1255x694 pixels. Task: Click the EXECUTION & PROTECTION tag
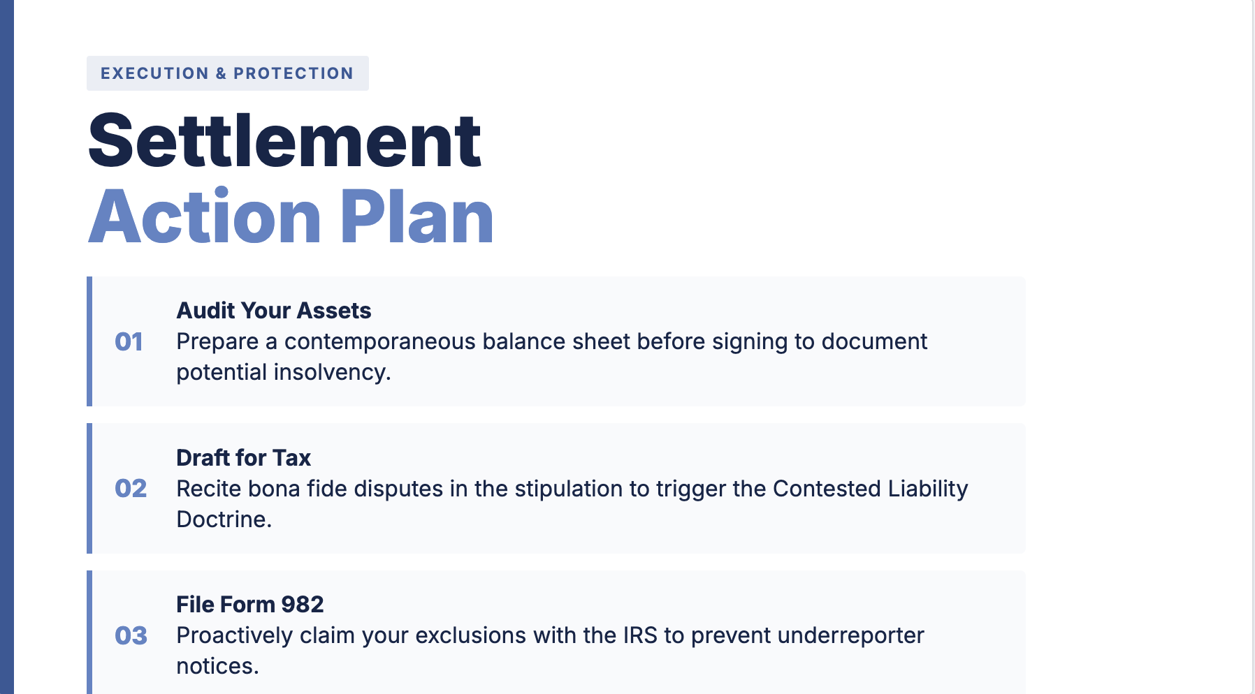227,73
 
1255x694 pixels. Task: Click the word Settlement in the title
284,141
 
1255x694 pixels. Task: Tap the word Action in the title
205,217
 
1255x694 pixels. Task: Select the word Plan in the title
417,217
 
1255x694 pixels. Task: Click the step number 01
129,342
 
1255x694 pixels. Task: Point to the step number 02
131,489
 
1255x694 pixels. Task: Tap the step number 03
131,636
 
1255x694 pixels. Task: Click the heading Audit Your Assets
273,311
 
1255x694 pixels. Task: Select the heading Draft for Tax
243,458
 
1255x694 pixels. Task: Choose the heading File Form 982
249,605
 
